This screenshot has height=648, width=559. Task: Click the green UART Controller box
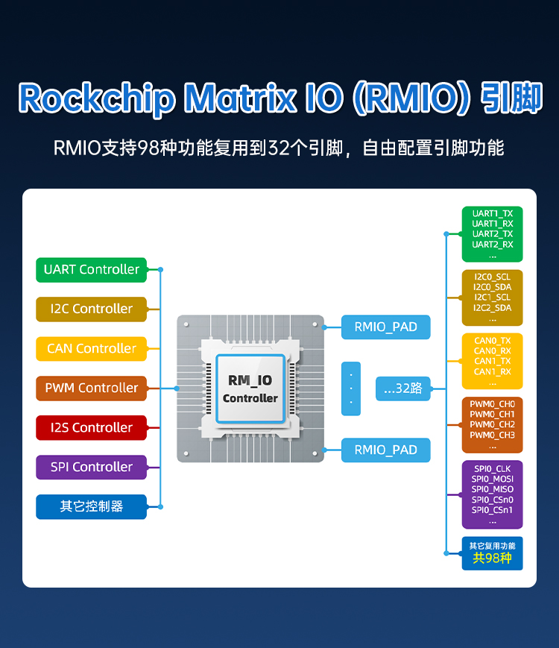coord(91,269)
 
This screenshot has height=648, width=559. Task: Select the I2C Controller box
coord(91,309)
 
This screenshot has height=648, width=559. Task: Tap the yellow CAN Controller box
coord(91,348)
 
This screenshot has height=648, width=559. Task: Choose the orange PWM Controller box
coord(91,388)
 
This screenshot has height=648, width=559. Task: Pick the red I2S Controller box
coord(91,427)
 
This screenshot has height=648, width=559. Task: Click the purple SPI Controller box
coord(91,467)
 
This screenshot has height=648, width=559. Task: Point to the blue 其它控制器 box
coord(91,506)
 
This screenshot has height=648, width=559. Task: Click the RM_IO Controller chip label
coord(250,389)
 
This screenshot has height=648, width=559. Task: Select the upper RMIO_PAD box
coord(385,327)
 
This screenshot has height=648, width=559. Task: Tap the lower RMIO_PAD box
coord(385,450)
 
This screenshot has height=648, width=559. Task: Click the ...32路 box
coord(403,388)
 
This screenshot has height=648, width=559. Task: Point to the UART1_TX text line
coord(493,213)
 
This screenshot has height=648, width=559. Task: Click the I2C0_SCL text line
coord(493,277)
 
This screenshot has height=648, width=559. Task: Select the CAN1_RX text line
coord(493,371)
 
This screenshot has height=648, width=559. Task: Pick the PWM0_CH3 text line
coord(493,435)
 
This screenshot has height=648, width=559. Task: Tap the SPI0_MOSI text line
coord(493,479)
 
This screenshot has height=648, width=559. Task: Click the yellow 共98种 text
coord(493,558)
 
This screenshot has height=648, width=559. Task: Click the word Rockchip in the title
coord(97,98)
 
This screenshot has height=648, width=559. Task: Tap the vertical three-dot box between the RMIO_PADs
coord(350,389)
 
